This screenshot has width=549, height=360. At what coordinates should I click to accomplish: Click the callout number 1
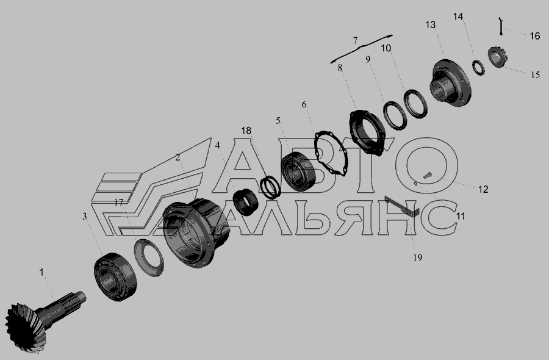pos(41,272)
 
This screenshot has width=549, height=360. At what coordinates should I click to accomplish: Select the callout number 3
pos(84,217)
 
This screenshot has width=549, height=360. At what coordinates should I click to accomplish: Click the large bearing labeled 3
pos(115,276)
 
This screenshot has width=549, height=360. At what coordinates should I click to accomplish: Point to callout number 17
pos(119,202)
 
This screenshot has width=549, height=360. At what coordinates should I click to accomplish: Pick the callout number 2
pos(178,157)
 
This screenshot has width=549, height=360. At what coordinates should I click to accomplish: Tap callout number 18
pos(246,131)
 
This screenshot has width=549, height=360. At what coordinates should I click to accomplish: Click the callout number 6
pos(304,104)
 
